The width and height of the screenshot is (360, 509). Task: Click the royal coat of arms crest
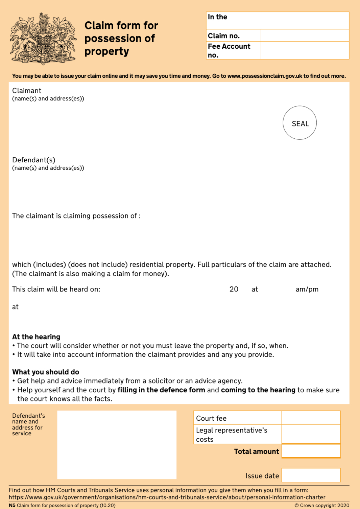point(43,39)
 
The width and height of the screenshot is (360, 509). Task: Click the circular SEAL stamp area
point(299,123)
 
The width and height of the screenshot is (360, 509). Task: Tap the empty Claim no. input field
point(305,36)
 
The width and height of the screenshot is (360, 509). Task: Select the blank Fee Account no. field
point(305,50)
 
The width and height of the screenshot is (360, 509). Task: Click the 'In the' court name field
point(277,20)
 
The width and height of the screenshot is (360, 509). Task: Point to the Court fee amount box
point(311,418)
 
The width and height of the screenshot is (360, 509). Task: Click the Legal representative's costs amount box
point(311,434)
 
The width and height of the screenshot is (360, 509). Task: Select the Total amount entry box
point(311,451)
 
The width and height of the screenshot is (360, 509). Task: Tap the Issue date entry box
point(311,475)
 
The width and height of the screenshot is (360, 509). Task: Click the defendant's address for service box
point(117,445)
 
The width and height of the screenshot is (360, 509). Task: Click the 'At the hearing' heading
point(36,337)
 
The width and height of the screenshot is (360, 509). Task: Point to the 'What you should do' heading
point(46,372)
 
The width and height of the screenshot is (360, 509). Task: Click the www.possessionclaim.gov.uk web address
point(265,76)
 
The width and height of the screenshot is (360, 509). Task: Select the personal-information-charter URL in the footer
point(167,497)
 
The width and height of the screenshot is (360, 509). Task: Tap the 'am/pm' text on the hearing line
point(307,289)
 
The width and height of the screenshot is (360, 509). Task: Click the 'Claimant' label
point(27,91)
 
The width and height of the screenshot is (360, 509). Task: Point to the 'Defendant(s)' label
point(34,160)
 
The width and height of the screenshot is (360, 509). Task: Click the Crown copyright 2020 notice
point(322,505)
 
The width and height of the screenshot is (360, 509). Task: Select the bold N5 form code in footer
point(12,505)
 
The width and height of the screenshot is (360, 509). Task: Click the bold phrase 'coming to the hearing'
point(258,390)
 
